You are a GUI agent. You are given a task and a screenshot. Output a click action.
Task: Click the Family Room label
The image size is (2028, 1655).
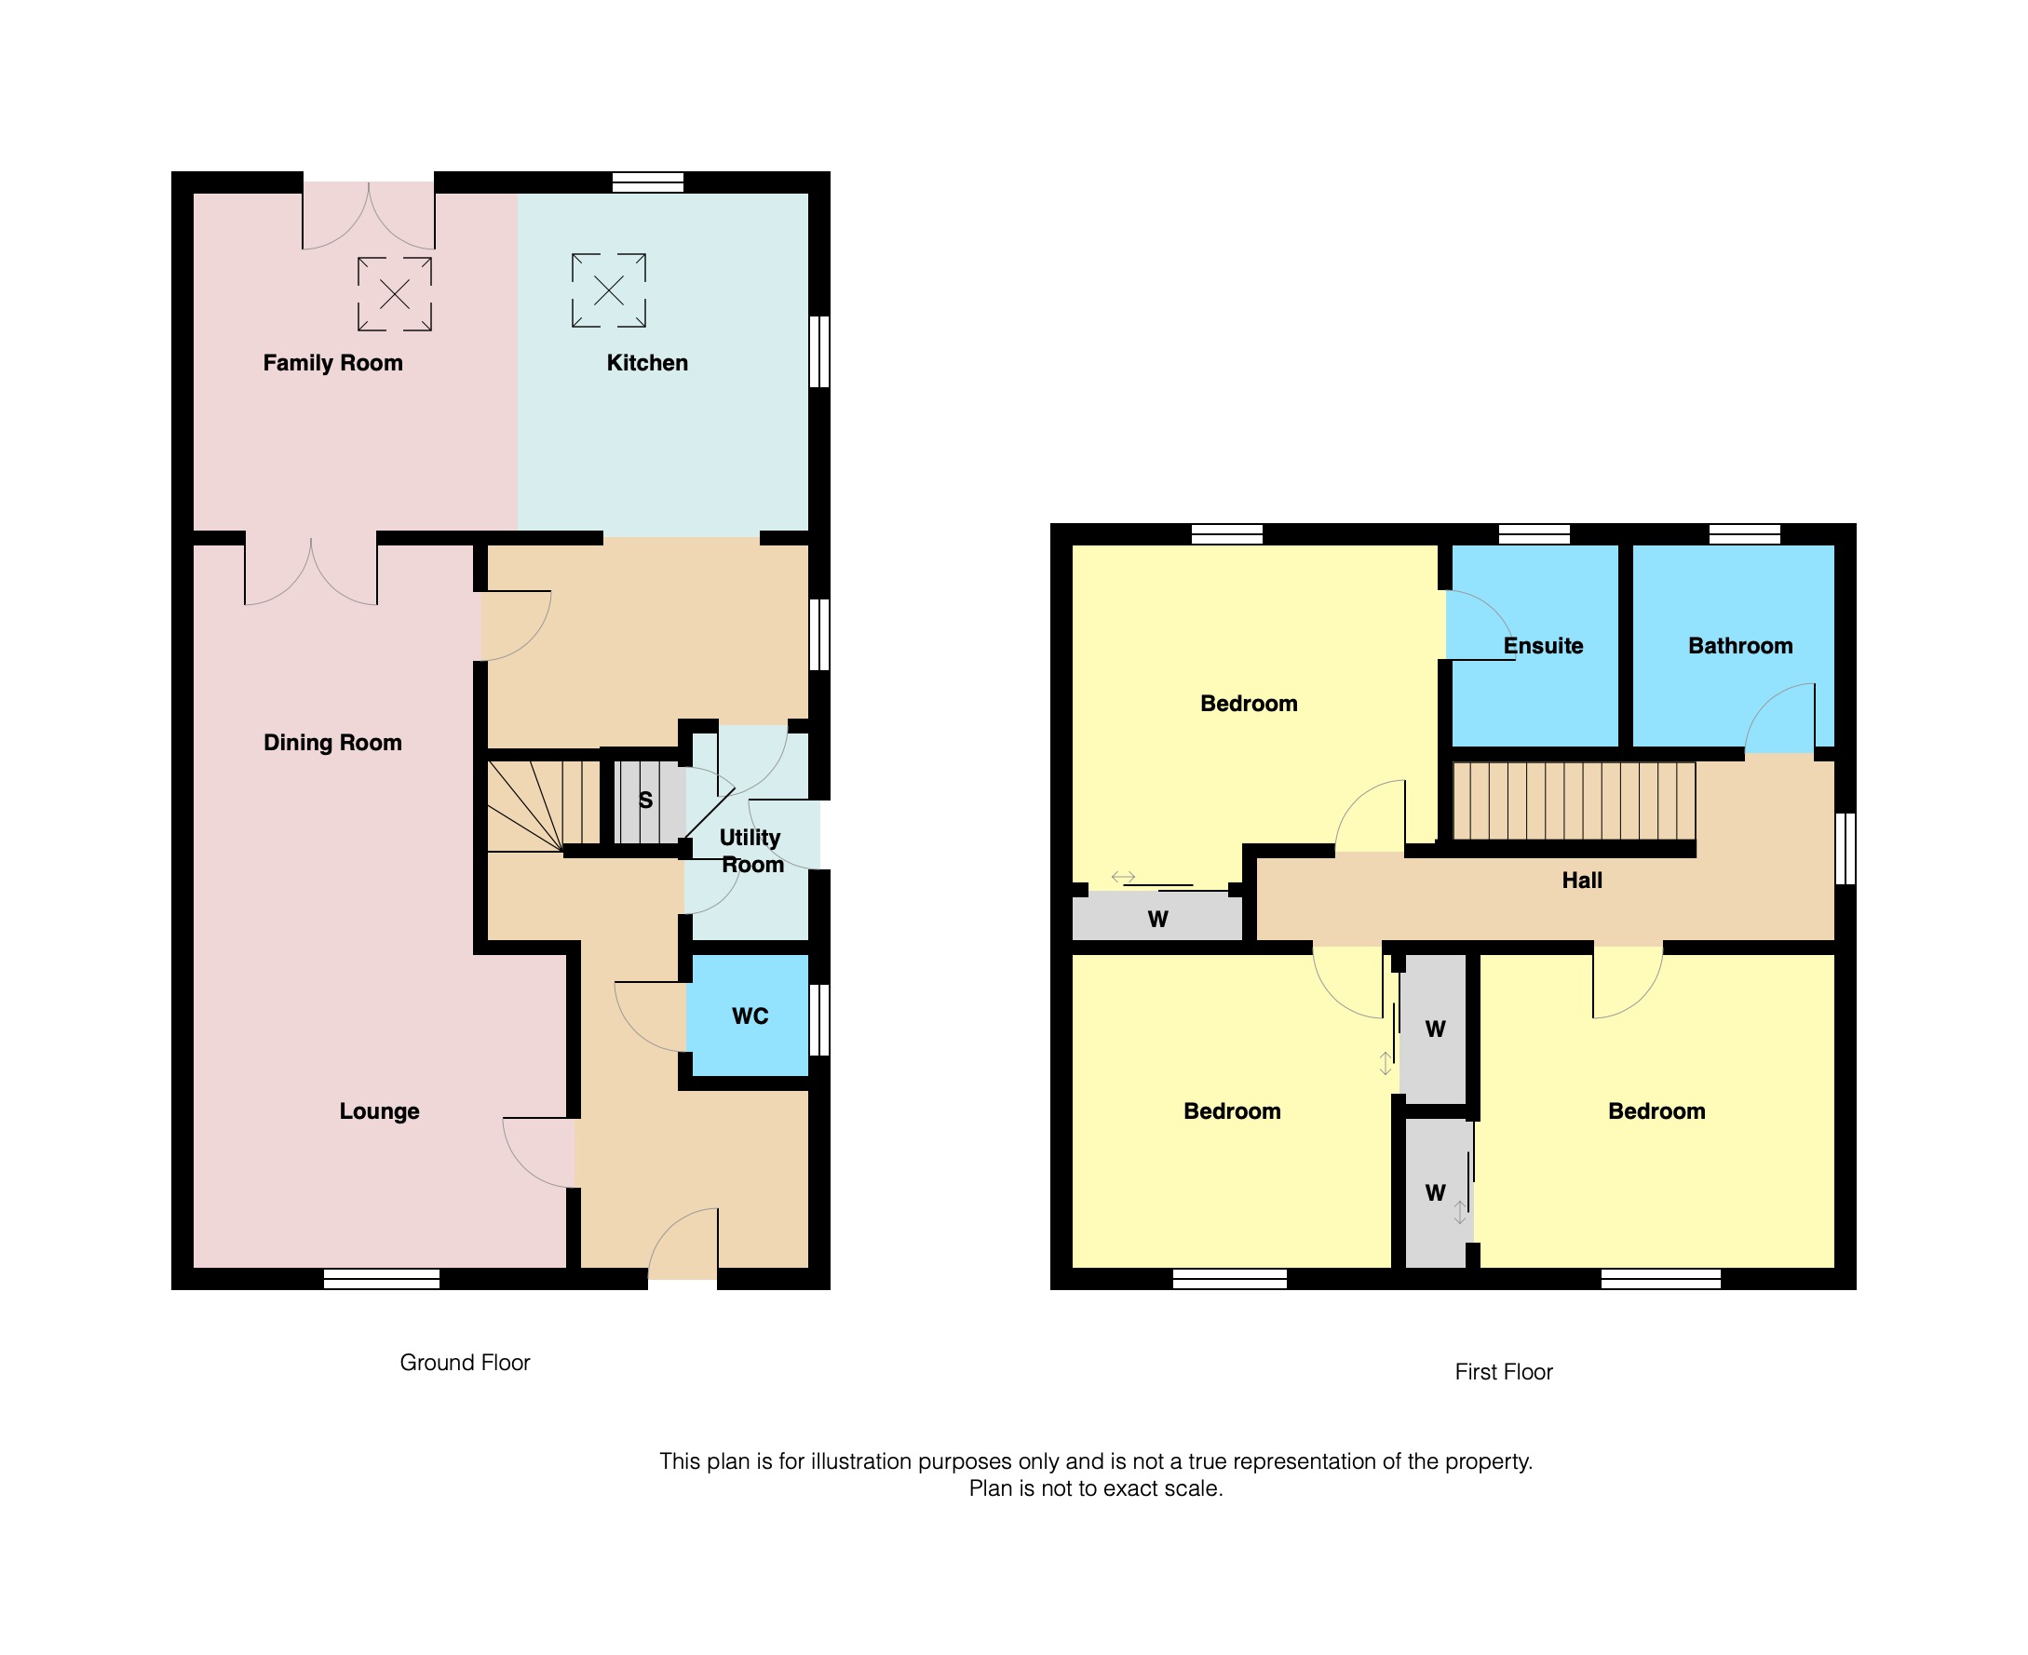coord(332,363)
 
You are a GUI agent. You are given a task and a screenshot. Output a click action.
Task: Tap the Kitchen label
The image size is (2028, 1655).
coord(647,363)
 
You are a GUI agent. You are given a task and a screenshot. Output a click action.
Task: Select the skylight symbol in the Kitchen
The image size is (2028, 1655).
coord(609,290)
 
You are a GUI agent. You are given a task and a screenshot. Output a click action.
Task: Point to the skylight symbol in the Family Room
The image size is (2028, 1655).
coord(395,294)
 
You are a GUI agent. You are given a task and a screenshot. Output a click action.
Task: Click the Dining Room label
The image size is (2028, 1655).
coord(332,743)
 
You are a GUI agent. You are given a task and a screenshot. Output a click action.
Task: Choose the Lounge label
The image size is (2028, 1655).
coord(380,1111)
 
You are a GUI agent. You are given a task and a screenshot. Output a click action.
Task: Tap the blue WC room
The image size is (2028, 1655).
coord(750,1016)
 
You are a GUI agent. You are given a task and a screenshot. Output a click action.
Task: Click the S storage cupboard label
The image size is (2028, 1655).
coord(645,801)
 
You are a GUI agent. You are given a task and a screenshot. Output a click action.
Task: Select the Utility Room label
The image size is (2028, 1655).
coord(751,851)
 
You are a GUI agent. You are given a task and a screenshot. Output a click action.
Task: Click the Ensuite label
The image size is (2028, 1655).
coord(1544,646)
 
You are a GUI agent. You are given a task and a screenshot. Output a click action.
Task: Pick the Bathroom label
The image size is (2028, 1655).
coord(1740,646)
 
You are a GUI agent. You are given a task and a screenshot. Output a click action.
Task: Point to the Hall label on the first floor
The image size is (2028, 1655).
coord(1582,881)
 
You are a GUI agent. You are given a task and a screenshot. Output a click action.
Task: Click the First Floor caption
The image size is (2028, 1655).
coord(1504,1372)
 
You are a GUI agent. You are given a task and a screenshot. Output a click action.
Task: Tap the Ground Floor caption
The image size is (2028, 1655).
coord(465,1363)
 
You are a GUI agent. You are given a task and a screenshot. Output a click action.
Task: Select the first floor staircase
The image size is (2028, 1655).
coord(1575,801)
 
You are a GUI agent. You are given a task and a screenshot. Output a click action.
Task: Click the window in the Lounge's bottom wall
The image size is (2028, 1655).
coord(382,1278)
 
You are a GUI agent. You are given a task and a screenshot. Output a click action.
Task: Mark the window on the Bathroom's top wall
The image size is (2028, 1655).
coord(1744,534)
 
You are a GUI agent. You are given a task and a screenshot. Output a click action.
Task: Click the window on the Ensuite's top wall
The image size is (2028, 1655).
coord(1535,534)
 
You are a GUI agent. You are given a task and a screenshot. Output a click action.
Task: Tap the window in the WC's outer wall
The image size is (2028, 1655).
coord(819,1020)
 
